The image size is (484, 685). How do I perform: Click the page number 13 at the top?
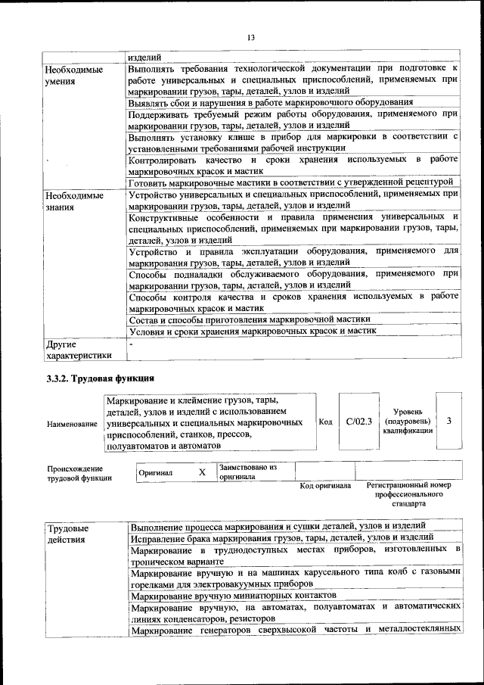point(250,37)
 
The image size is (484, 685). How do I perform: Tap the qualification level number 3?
point(449,421)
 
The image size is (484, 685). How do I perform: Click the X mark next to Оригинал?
point(201,472)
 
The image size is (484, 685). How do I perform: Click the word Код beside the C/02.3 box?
point(325,422)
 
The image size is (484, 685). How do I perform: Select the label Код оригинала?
point(325,486)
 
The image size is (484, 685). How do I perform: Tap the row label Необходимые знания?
point(75,200)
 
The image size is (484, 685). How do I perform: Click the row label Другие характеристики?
point(79,349)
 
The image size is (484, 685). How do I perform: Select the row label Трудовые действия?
point(67,533)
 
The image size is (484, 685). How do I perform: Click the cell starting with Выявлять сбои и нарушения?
point(270,101)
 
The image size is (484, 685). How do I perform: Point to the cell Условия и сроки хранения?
point(253,331)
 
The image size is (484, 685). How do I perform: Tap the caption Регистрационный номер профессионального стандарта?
point(408,494)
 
